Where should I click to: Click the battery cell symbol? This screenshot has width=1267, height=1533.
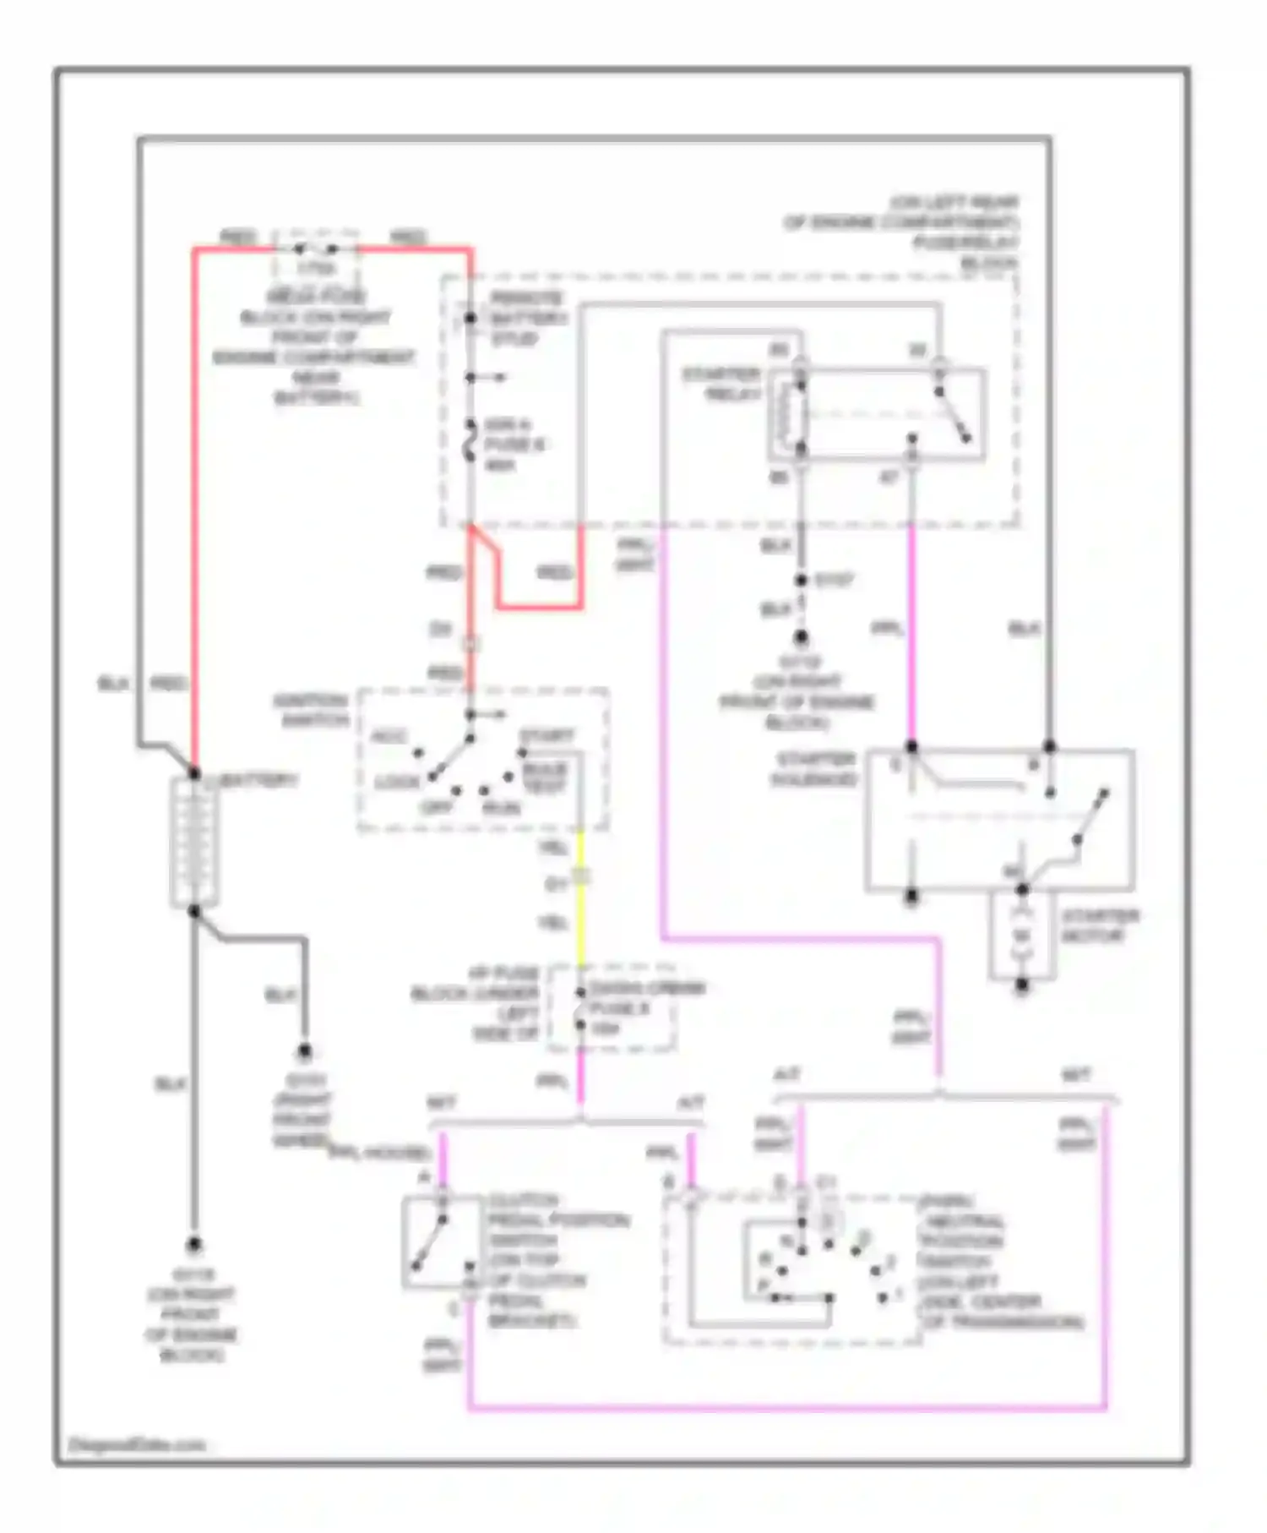(194, 843)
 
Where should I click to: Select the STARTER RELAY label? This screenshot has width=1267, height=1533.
(721, 384)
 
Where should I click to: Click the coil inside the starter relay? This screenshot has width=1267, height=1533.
(791, 414)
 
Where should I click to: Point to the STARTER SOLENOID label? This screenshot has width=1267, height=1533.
(814, 769)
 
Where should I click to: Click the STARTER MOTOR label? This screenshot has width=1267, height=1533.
(1099, 926)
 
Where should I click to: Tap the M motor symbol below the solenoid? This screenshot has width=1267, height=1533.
(1022, 936)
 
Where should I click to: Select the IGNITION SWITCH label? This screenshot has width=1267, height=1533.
(311, 710)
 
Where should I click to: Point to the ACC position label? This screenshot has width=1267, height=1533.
(389, 737)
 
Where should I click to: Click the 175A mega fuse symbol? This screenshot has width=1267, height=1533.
(315, 249)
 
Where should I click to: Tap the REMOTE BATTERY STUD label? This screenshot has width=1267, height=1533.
(525, 319)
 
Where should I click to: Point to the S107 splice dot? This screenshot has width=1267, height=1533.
(801, 581)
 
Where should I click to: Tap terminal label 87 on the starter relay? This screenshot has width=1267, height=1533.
(889, 478)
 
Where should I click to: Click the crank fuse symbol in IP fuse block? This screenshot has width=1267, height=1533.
(580, 1008)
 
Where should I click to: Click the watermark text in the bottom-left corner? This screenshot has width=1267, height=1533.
(136, 1445)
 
